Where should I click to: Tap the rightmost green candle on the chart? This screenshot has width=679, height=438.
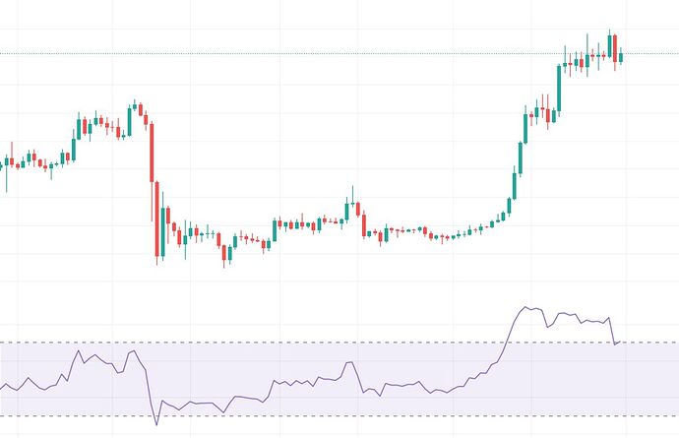coord(620,55)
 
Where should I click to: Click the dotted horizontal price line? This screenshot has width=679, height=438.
coord(295,53)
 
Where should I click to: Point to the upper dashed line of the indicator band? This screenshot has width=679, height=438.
coord(295,343)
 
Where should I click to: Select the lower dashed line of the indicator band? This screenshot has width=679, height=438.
coord(295,416)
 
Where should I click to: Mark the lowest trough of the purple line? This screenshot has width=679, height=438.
coord(156,424)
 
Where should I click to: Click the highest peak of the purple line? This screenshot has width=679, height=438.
coord(528,307)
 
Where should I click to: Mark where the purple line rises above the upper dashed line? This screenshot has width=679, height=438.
coord(503,343)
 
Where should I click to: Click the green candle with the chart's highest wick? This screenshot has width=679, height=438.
coord(609,44)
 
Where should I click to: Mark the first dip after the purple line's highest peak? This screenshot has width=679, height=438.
coord(547,326)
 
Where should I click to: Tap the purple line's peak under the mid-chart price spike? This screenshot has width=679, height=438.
coord(347,362)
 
